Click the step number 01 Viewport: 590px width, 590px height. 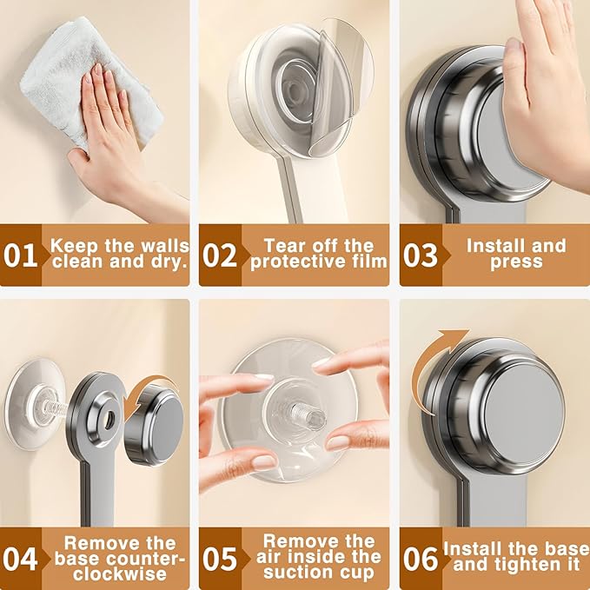pos(22,256)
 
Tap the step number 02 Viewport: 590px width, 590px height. pos(220,256)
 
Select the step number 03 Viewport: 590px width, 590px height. pos(421,256)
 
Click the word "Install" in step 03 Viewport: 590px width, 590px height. pos(496,246)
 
